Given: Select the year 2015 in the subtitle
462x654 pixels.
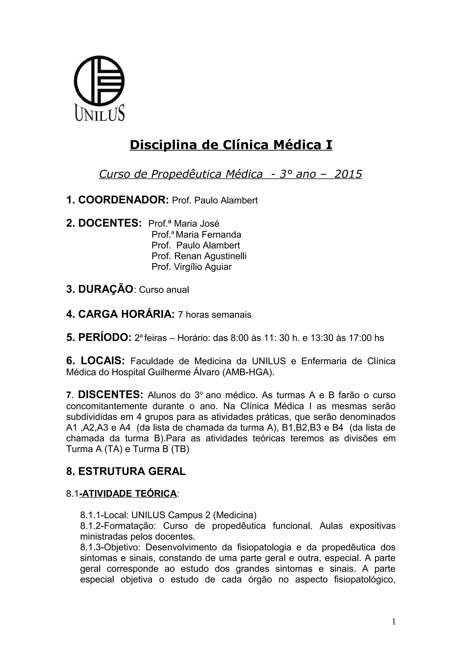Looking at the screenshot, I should coord(348,174).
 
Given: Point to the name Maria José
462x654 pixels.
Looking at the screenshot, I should coord(196,224).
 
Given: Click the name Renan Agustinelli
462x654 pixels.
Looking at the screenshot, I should coord(210,256).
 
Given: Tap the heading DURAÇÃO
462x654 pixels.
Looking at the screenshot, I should coord(106,289).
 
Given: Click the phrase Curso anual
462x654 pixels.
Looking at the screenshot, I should coord(164,290).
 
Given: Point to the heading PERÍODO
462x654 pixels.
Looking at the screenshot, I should coord(104,338).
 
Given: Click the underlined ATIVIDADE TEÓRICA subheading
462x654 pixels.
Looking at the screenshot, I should coord(128,494).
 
